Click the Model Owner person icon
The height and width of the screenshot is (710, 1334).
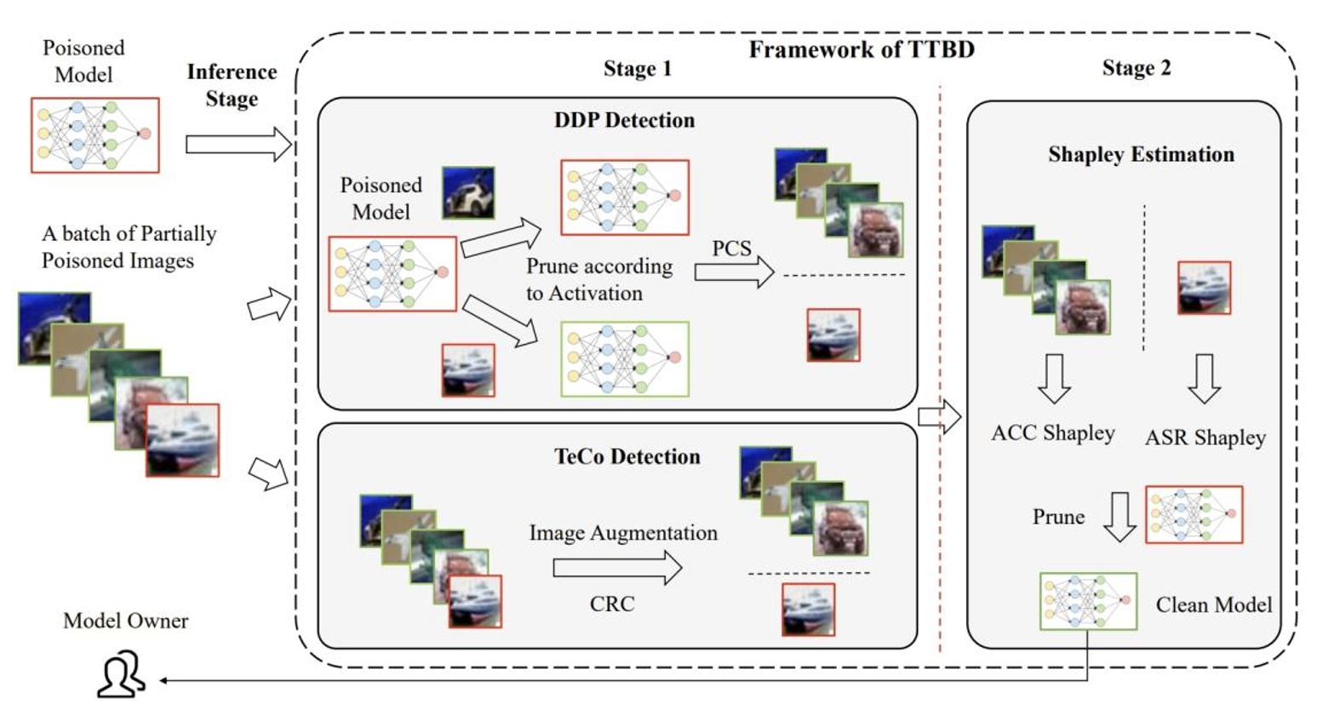(x=121, y=674)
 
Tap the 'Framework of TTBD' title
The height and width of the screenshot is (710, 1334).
(x=861, y=49)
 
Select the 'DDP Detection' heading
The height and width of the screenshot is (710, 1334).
(x=624, y=120)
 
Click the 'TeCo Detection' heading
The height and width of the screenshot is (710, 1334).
(x=627, y=456)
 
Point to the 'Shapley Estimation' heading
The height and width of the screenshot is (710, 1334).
(x=1141, y=154)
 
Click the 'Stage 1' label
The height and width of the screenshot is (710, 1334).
(x=637, y=69)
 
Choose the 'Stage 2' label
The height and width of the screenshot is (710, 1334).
(x=1136, y=68)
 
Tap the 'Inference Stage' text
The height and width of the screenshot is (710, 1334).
(x=232, y=85)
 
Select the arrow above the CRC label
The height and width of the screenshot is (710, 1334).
(x=617, y=568)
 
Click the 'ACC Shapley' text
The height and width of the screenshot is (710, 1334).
(x=1052, y=433)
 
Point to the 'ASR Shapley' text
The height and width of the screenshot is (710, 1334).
(x=1205, y=438)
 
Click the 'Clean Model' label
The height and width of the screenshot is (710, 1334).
(x=1213, y=605)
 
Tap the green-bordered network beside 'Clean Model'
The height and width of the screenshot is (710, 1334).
(x=1088, y=601)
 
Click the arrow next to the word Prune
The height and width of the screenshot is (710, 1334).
(x=1119, y=517)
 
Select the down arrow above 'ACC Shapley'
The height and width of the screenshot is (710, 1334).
(x=1054, y=379)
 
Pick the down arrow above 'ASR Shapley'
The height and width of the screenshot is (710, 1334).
(x=1204, y=379)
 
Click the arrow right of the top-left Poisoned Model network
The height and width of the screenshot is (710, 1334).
(x=238, y=144)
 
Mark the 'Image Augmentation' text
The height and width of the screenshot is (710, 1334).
(x=623, y=533)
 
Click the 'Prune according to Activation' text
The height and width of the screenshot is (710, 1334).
(x=599, y=279)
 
